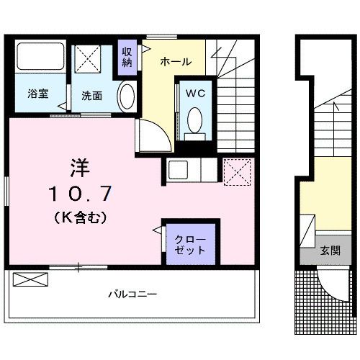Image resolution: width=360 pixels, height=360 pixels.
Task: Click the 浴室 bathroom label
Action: pyautogui.click(x=38, y=94)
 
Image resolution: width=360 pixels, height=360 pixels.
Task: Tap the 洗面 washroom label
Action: pyautogui.click(x=91, y=96)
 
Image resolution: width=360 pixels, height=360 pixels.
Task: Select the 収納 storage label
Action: pyautogui.click(x=127, y=57)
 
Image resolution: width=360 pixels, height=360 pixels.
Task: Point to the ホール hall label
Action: pyautogui.click(x=176, y=62)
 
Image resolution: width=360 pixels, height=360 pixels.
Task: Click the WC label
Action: pyautogui.click(x=196, y=94)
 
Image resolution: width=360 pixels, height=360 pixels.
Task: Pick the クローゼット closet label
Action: pyautogui.click(x=190, y=245)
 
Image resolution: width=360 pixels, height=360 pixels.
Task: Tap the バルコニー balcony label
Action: pyautogui.click(x=132, y=294)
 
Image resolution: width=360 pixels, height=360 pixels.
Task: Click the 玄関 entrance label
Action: pyautogui.click(x=330, y=251)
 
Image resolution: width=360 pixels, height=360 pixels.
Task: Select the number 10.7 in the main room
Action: pyautogui.click(x=80, y=194)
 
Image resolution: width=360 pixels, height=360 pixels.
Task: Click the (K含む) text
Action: pyautogui.click(x=80, y=217)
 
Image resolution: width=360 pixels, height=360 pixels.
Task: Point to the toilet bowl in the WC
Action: pyautogui.click(x=194, y=120)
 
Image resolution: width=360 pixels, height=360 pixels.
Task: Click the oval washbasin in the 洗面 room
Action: pyautogui.click(x=127, y=96)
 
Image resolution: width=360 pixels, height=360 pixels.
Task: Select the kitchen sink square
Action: pyautogui.click(x=178, y=170)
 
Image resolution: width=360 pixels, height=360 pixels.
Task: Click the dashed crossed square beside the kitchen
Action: pyautogui.click(x=237, y=172)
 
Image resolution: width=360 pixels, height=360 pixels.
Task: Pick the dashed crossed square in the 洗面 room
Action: pyautogui.click(x=87, y=59)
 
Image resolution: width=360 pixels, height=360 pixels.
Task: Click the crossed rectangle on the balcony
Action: pyautogui.click(x=30, y=279)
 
